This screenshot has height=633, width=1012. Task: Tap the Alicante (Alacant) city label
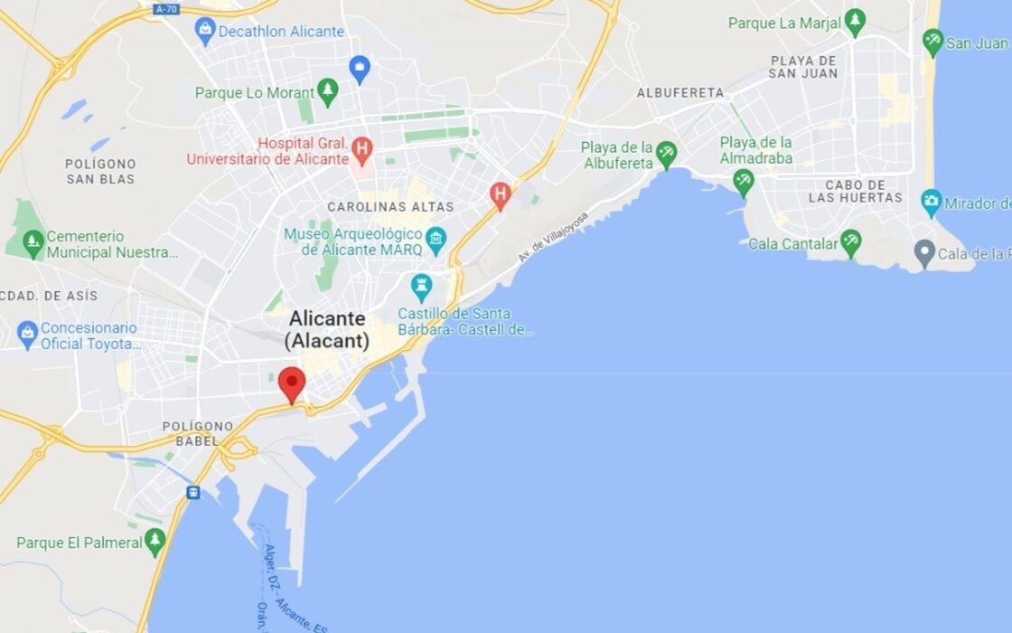click(x=327, y=330)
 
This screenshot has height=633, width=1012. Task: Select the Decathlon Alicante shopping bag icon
click(x=205, y=32)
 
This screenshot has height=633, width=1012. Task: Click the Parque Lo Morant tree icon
click(x=327, y=91)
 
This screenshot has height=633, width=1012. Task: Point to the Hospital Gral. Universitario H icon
click(x=361, y=147)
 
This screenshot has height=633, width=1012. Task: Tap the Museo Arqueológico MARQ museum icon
click(x=436, y=239)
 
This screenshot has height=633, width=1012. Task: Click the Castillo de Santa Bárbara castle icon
click(x=421, y=288)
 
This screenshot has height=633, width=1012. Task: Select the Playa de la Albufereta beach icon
click(x=666, y=154)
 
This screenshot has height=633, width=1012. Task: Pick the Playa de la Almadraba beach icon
click(x=743, y=181)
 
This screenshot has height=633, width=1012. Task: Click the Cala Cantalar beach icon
click(x=850, y=241)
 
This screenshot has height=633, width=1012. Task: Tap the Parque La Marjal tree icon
click(x=855, y=23)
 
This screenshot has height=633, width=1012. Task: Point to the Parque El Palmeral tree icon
click(x=155, y=542)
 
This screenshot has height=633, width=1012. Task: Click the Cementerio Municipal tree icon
click(x=33, y=242)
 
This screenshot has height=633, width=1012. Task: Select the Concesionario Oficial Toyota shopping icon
click(x=27, y=335)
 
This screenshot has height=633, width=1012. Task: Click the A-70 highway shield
click(x=165, y=9)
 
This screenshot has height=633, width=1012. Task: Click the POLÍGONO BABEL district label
click(x=198, y=433)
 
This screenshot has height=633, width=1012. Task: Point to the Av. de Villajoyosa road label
click(x=553, y=237)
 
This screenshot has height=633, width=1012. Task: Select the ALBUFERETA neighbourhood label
click(x=680, y=93)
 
